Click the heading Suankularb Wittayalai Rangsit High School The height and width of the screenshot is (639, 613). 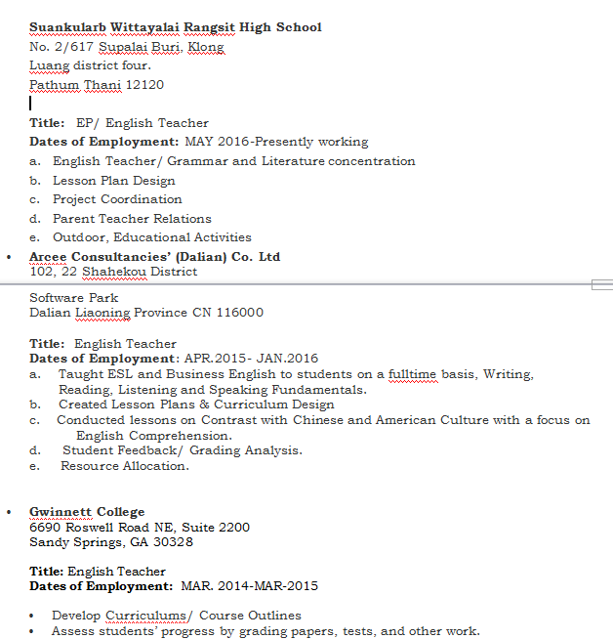click(x=175, y=27)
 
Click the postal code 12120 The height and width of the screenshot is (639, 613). click(x=144, y=85)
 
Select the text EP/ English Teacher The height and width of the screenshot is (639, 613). click(x=143, y=123)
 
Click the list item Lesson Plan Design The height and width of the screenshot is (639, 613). click(x=114, y=181)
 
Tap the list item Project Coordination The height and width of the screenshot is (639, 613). click(x=117, y=199)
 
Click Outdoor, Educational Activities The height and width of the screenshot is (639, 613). click(x=152, y=237)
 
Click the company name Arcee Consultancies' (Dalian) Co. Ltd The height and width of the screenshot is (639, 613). click(x=154, y=257)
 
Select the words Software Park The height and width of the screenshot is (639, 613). click(x=74, y=298)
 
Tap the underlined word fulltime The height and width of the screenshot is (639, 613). click(x=413, y=374)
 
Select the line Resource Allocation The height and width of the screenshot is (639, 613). click(x=124, y=466)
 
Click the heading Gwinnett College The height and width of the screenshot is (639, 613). click(x=87, y=512)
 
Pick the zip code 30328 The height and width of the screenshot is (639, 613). click(x=172, y=542)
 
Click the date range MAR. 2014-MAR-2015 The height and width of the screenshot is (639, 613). click(x=249, y=586)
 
